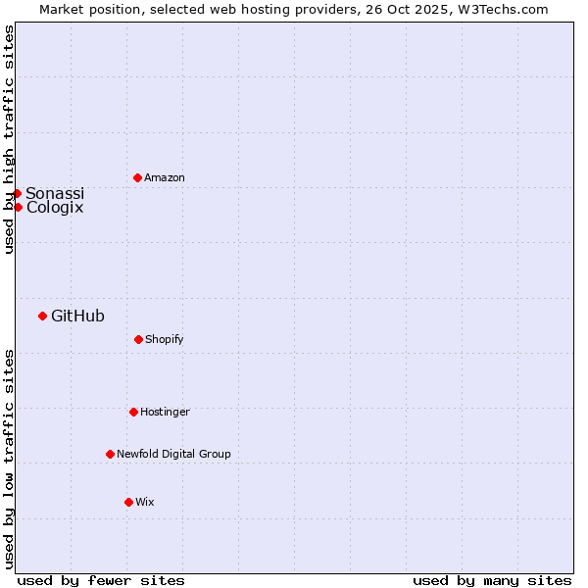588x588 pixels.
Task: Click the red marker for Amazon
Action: tap(137, 177)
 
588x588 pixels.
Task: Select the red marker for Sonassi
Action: tap(17, 193)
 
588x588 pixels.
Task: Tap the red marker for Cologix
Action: tap(18, 207)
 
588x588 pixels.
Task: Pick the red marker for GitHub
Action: tap(42, 316)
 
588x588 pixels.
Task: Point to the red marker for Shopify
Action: tap(138, 339)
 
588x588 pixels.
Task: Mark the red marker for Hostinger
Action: tap(133, 412)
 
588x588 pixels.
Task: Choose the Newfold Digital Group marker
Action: tap(110, 454)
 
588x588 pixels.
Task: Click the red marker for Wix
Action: tap(128, 502)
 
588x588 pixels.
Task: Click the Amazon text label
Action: tap(165, 177)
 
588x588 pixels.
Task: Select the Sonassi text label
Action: tap(55, 193)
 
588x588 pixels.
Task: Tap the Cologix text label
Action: tap(55, 207)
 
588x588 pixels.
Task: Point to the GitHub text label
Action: tap(77, 316)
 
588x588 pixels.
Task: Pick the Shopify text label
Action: tap(165, 339)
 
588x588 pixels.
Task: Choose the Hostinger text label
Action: tap(165, 412)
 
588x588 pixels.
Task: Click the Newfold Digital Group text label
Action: tap(173, 454)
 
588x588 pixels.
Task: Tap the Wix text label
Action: tap(145, 502)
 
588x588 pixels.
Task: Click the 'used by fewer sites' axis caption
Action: tap(101, 580)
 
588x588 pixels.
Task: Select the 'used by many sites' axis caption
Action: tap(492, 580)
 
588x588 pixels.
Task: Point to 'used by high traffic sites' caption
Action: tap(9, 139)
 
